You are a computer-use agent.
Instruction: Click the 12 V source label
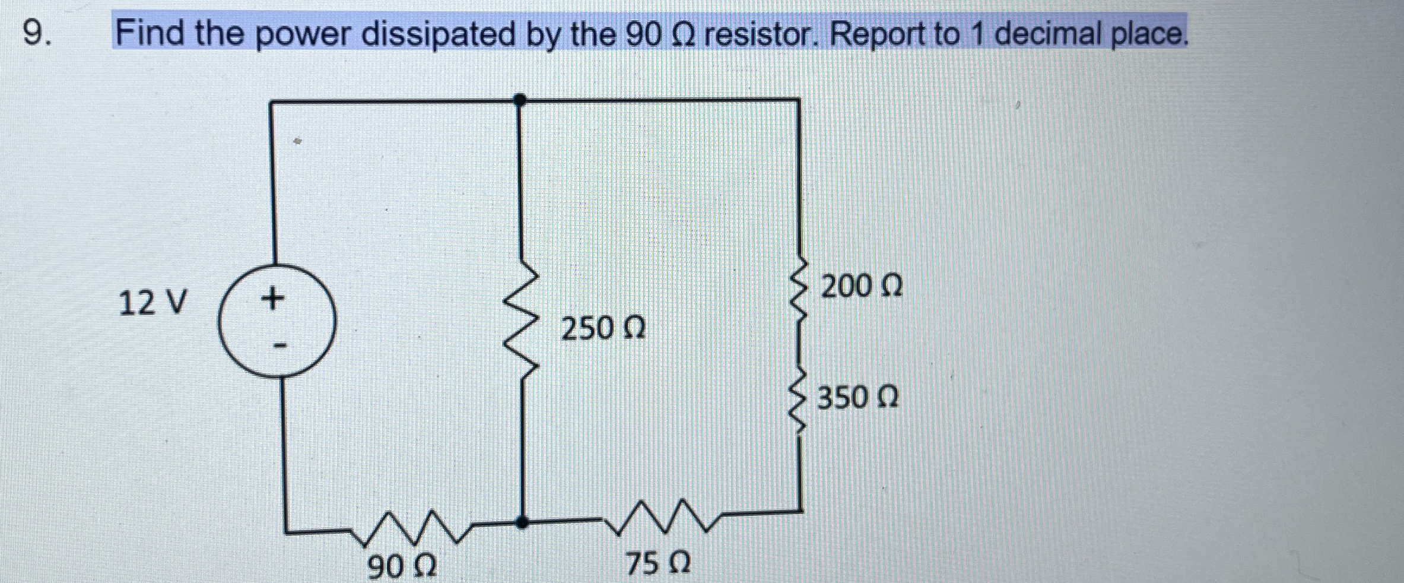tap(153, 302)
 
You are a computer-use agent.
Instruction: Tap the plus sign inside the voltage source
tap(272, 297)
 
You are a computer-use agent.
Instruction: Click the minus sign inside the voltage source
tap(280, 345)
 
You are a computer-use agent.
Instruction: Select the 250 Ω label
tap(603, 328)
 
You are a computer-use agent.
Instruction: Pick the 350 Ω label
tap(858, 397)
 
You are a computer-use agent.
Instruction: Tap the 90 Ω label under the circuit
tap(402, 566)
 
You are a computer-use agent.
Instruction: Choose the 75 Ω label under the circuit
tap(658, 563)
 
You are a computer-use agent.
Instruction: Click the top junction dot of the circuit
tap(520, 100)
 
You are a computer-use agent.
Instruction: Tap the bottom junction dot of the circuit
tap(521, 522)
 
